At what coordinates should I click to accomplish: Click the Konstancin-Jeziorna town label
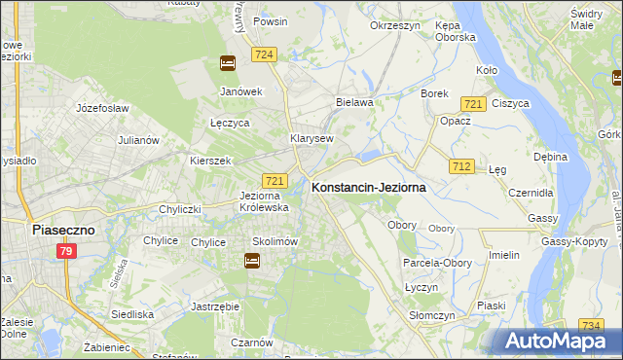click(x=367, y=189)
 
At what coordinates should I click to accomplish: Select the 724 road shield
click(x=264, y=55)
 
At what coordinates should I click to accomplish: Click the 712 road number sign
click(x=461, y=167)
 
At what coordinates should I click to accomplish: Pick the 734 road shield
click(x=590, y=325)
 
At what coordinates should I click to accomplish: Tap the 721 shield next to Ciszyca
click(x=474, y=104)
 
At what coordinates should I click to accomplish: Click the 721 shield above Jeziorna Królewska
click(x=275, y=181)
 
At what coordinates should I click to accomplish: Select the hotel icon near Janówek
click(x=227, y=64)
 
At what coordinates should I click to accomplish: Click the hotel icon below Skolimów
click(x=252, y=261)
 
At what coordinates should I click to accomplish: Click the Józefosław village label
click(x=102, y=108)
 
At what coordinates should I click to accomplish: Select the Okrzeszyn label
click(x=393, y=26)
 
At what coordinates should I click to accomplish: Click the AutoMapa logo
click(x=558, y=342)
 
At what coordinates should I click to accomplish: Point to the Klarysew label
click(x=311, y=138)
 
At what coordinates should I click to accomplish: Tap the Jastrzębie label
click(x=215, y=306)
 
